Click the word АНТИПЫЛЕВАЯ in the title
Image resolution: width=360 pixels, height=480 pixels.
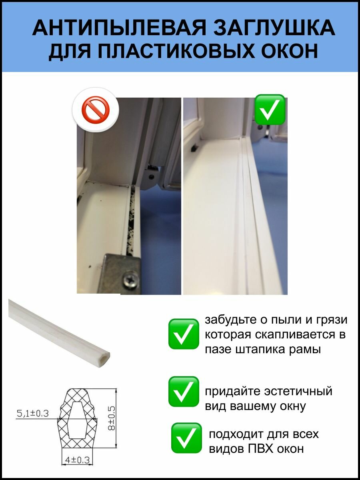point(119,28)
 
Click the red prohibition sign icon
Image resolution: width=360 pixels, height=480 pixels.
point(96,110)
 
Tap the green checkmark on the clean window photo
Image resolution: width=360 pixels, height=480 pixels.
point(270,109)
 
